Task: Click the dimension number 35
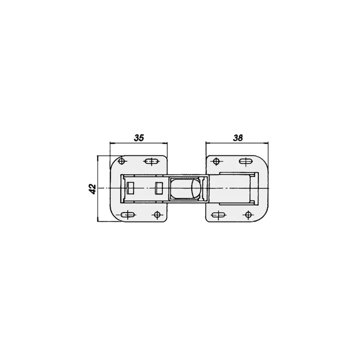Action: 139,138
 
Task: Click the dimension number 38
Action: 238,138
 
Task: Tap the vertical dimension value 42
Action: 93,189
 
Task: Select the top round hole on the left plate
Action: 122,161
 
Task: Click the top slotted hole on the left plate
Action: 151,162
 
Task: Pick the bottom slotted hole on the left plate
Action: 128,215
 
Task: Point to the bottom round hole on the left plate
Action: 157,215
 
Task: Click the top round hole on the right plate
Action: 216,162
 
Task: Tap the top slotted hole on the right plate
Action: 246,161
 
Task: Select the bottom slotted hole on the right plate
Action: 218,215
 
